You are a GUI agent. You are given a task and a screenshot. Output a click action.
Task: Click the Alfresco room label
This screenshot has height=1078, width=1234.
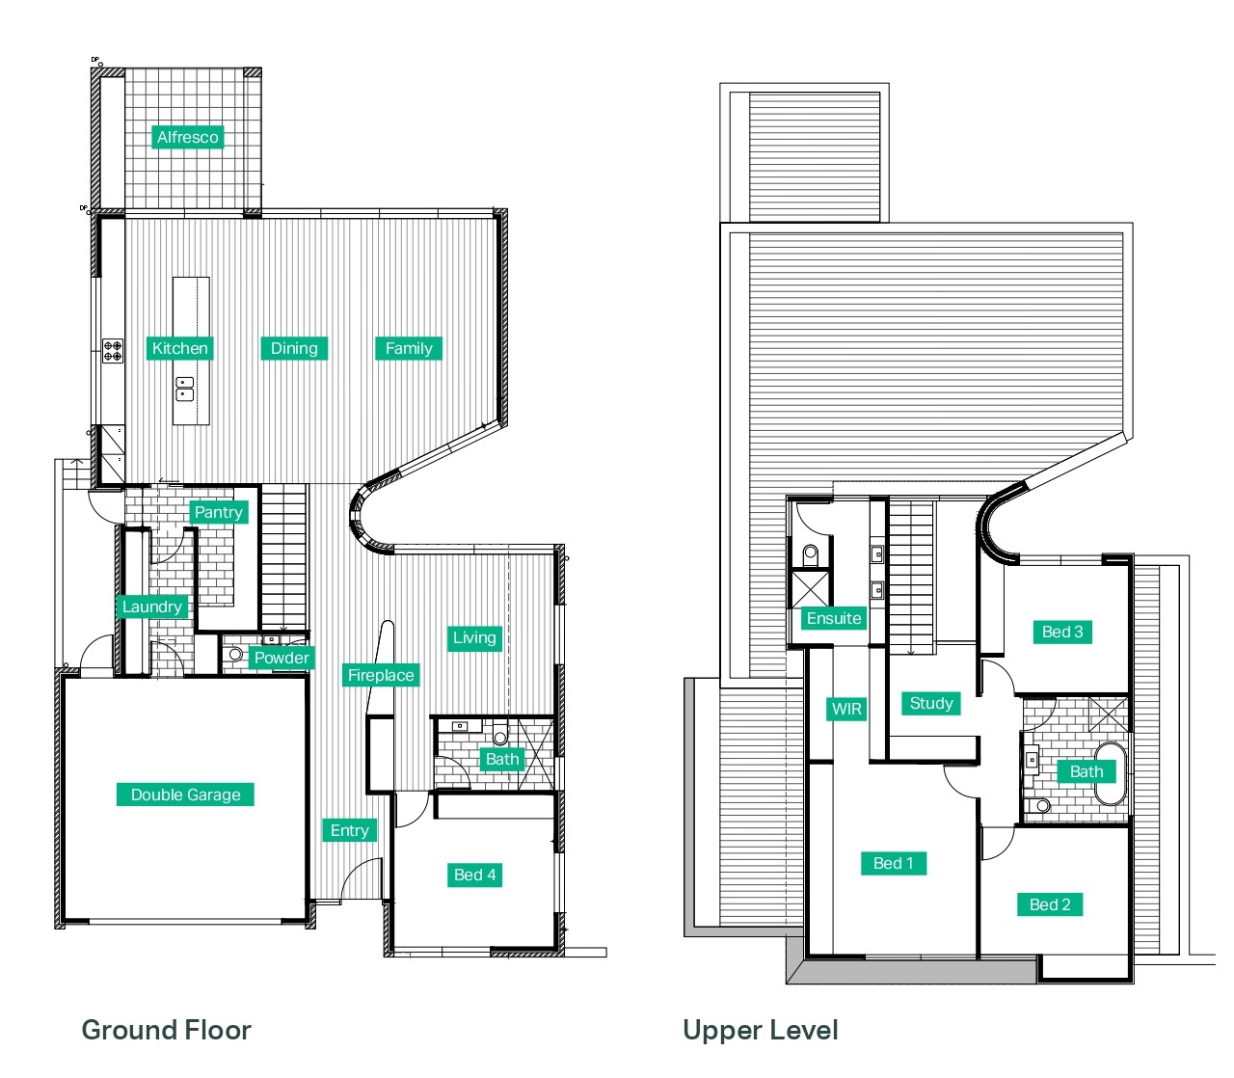coord(188,137)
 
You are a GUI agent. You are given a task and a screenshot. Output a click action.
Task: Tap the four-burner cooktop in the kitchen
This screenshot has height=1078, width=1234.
coord(113,350)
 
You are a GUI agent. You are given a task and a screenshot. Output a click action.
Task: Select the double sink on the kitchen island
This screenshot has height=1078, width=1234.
coord(184,389)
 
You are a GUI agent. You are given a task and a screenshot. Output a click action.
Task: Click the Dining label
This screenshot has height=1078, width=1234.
coord(294,348)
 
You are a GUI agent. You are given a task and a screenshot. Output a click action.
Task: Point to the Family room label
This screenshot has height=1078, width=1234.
coord(409,348)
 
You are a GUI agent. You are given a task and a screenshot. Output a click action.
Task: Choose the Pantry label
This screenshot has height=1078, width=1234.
coord(218,512)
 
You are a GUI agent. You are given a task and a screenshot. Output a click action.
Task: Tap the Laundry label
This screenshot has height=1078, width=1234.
coord(152,606)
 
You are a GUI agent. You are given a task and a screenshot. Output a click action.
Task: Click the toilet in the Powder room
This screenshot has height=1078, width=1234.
coord(233,654)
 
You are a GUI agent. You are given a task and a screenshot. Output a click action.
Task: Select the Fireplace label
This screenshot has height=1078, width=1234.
coord(381,675)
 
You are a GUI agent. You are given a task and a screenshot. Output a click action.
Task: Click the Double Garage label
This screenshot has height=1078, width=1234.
coord(186,795)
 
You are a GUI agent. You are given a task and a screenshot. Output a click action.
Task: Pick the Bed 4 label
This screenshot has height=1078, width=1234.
coord(474,875)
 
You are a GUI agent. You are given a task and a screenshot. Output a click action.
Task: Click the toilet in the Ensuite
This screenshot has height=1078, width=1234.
coord(811,554)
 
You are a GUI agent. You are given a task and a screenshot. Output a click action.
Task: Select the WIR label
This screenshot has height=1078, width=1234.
coord(846,709)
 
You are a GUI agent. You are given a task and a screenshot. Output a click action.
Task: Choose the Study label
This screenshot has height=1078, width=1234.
coord(931,703)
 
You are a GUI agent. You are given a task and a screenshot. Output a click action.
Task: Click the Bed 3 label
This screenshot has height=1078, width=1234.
coord(1062,632)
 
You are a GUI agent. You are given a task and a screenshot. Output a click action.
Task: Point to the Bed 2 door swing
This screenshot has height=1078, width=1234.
coord(998,844)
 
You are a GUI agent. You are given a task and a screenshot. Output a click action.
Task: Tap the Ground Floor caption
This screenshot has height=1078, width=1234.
coord(167,1030)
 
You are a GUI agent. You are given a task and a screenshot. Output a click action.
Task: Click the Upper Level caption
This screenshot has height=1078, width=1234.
coord(761,1030)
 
